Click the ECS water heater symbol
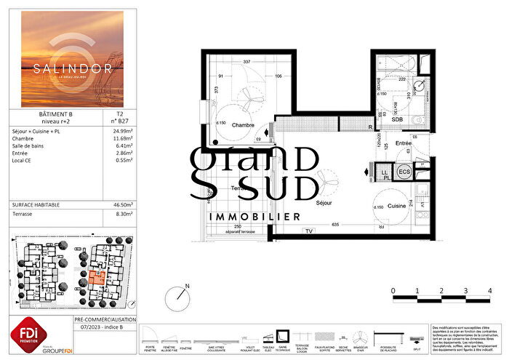point(405,172)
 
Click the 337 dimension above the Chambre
point(247,63)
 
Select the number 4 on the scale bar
point(489,289)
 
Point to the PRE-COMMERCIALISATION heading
point(105,319)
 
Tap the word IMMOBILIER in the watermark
point(254,217)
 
